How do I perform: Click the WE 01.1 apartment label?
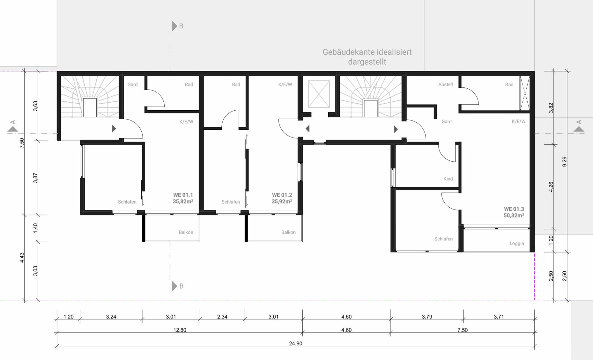183,195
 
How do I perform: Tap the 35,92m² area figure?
282,201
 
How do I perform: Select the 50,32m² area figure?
514,215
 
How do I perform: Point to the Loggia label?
517,244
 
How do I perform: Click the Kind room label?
448,179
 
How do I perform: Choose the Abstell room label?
445,84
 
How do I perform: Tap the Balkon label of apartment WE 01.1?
186,232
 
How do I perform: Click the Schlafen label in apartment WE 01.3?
444,239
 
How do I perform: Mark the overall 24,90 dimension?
296,343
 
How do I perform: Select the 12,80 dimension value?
180,330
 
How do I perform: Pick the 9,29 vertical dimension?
565,162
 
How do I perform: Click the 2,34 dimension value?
222,317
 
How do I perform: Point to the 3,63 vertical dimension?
36,106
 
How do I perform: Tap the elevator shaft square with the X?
319,94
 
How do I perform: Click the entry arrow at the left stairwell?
114,129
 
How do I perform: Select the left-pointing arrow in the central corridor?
307,129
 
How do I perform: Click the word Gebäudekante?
345,52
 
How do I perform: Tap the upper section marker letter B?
181,26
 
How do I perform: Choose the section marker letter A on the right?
579,122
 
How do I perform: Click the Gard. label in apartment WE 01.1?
133,84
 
